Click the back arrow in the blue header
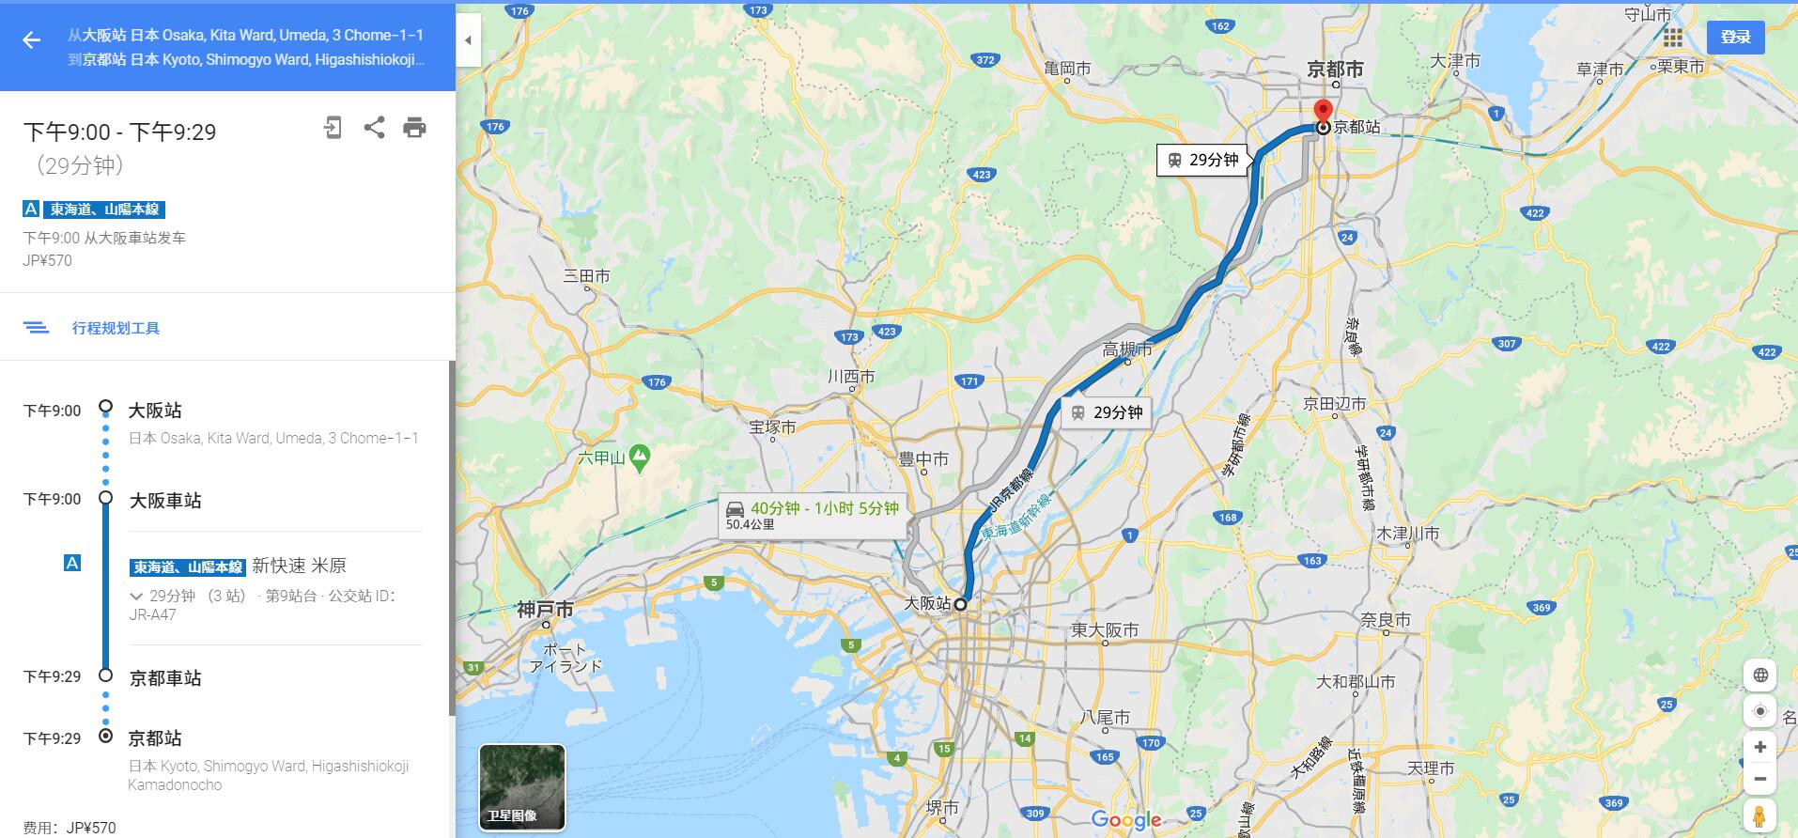(x=32, y=39)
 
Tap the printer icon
(x=414, y=128)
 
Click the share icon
(x=374, y=128)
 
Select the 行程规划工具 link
(x=116, y=328)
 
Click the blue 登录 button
(x=1735, y=37)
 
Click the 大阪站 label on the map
(x=926, y=604)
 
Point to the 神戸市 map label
(x=545, y=610)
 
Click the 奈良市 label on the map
(x=1386, y=620)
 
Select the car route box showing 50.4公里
(x=813, y=515)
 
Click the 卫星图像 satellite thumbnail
(x=522, y=787)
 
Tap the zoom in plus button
(x=1759, y=747)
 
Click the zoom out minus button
(x=1759, y=779)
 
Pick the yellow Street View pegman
(x=1759, y=815)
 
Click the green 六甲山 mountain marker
(x=640, y=458)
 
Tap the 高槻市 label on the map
(x=1127, y=349)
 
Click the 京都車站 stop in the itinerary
(x=165, y=678)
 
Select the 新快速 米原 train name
(x=299, y=566)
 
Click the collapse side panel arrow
(x=468, y=40)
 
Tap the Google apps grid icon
(x=1672, y=38)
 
